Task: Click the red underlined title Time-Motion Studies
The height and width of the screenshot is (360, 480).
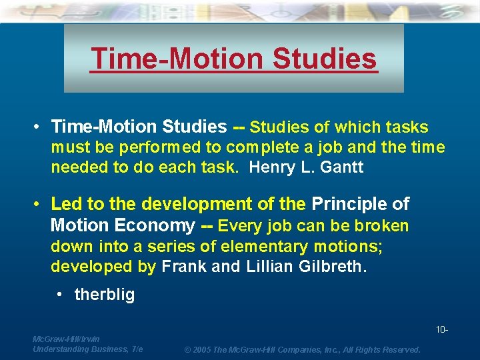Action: click(x=234, y=59)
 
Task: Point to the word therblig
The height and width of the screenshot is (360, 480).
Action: click(x=105, y=294)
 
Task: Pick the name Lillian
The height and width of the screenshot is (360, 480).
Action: click(x=277, y=267)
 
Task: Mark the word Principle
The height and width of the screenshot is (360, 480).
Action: click(x=350, y=203)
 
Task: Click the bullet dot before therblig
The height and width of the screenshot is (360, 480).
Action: click(x=61, y=295)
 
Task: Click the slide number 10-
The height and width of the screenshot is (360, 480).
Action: click(x=441, y=330)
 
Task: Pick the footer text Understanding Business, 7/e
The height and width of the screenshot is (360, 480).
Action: click(x=87, y=349)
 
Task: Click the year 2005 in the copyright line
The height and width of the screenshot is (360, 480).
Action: click(x=201, y=349)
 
